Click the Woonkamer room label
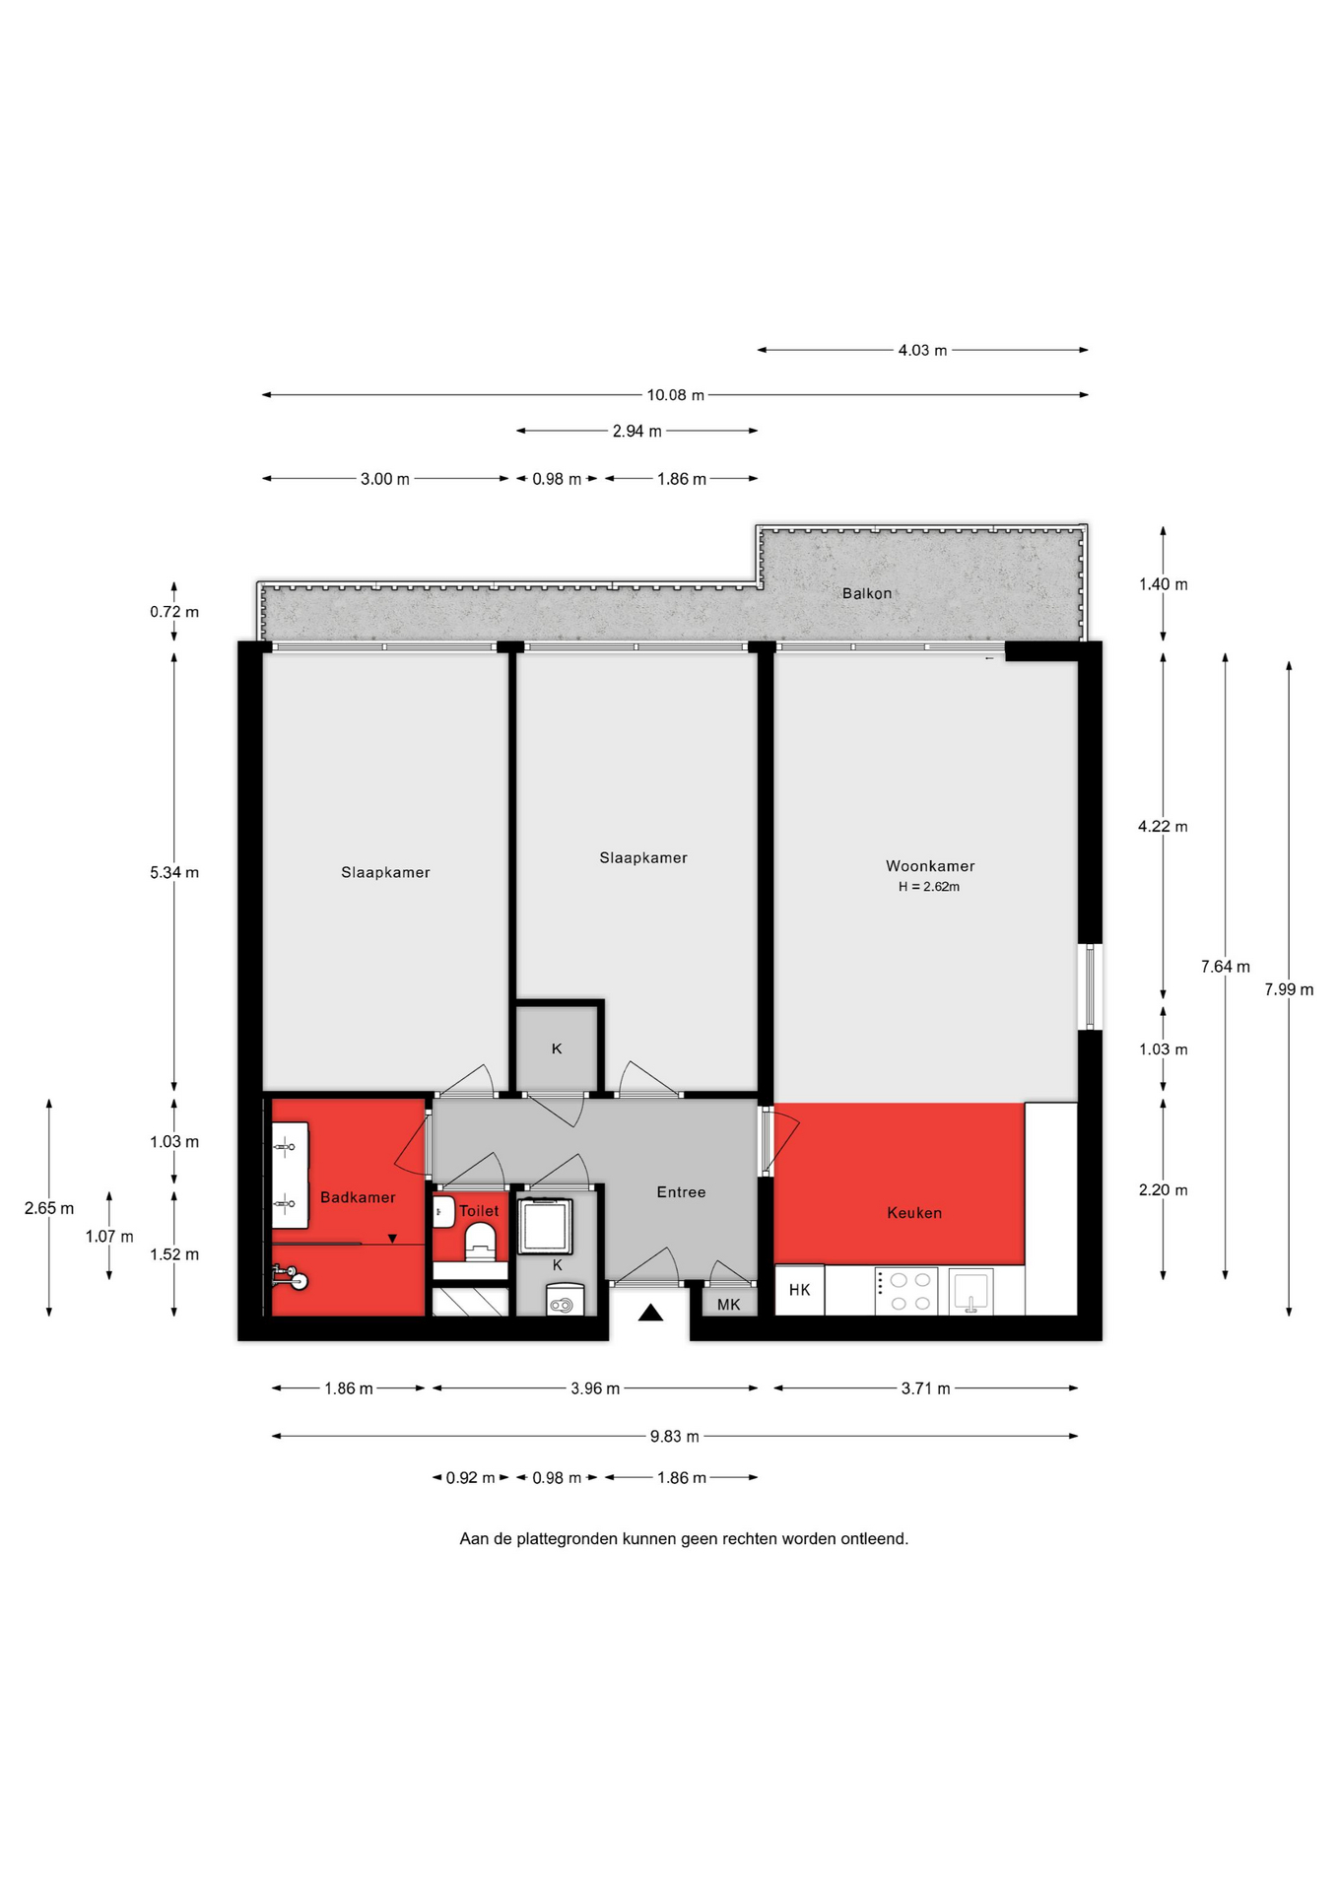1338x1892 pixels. (930, 866)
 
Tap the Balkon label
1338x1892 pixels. (867, 593)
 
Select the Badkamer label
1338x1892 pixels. (358, 1197)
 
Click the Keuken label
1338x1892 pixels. (914, 1213)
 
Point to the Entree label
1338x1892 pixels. (681, 1192)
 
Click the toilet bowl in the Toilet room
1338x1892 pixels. (480, 1242)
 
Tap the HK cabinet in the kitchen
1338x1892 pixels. (800, 1290)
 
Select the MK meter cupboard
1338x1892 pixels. (729, 1303)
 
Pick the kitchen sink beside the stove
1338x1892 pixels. (970, 1291)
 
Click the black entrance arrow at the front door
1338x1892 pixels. (650, 1312)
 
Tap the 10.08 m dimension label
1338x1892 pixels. (676, 395)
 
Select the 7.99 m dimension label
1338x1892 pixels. (1289, 989)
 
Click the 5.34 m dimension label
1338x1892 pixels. (174, 872)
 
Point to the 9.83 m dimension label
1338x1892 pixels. (675, 1436)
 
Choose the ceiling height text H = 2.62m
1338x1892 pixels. (929, 887)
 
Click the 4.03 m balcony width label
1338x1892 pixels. (922, 350)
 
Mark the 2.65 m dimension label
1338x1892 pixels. (49, 1208)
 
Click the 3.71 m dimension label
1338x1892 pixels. (926, 1388)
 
